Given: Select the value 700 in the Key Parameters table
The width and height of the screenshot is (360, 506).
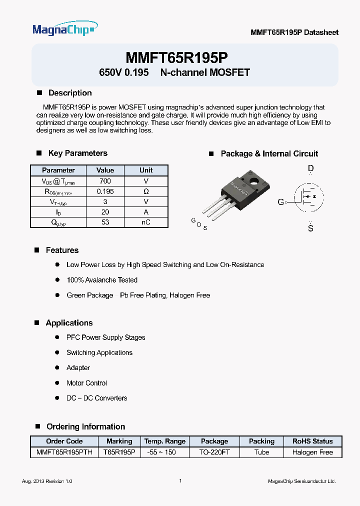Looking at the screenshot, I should tap(105, 181).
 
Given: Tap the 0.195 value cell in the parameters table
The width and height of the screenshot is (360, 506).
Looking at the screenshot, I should tap(105, 191).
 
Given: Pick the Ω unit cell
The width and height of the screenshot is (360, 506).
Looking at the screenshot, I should tap(146, 191).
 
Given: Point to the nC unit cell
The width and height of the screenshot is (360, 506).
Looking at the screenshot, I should tap(146, 222).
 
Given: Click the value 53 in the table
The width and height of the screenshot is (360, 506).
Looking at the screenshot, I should tap(105, 222).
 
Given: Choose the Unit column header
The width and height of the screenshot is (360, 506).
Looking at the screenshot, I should tap(146, 170).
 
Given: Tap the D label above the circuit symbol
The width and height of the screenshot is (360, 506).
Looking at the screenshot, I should tap(310, 169).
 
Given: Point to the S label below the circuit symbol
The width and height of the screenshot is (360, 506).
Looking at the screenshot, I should tap(310, 228).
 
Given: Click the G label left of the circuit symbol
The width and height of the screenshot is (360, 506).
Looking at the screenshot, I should tap(280, 202).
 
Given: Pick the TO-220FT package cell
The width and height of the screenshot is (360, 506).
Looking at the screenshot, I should tap(214, 452).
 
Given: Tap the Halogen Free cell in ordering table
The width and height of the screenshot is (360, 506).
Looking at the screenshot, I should tap(312, 452).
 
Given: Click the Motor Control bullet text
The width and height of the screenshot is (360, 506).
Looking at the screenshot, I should tap(86, 383).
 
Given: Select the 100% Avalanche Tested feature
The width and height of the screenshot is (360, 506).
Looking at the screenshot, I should tap(101, 280).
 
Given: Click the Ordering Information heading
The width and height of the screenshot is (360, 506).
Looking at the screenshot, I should tap(85, 426).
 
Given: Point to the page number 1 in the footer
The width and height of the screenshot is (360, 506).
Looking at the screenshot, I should tap(180, 481).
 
